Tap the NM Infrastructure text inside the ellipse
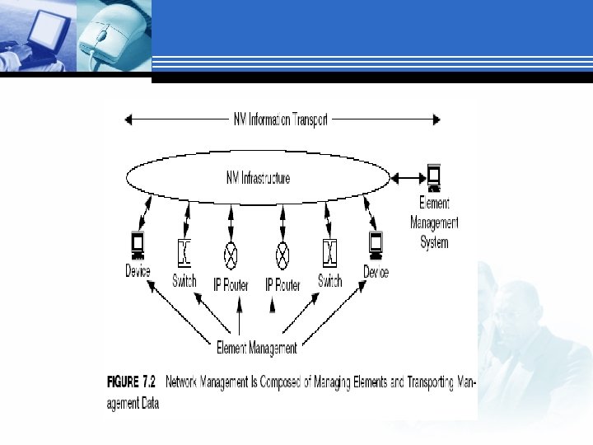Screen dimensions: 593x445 [258, 178]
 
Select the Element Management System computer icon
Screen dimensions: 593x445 [433, 176]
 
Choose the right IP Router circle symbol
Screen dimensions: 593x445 [282, 251]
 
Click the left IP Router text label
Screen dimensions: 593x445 [231, 285]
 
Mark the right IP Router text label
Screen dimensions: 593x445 [282, 285]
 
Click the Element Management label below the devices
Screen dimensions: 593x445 [256, 348]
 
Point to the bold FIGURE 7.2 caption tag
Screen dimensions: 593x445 [132, 383]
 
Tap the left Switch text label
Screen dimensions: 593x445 [184, 281]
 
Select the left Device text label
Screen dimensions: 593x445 [138, 271]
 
